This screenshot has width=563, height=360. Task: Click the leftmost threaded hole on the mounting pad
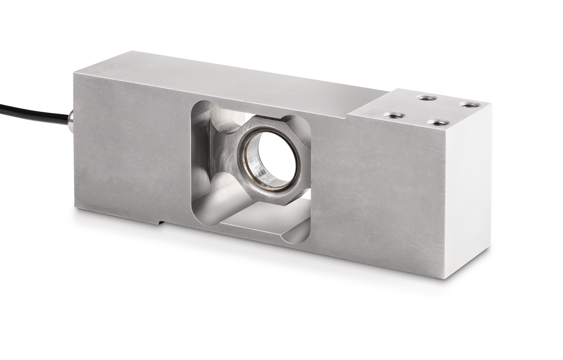click(394, 115)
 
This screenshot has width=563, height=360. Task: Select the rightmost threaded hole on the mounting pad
click(470, 105)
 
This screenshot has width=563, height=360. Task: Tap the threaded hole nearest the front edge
click(439, 123)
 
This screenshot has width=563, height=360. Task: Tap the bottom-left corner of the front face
click(76, 208)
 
